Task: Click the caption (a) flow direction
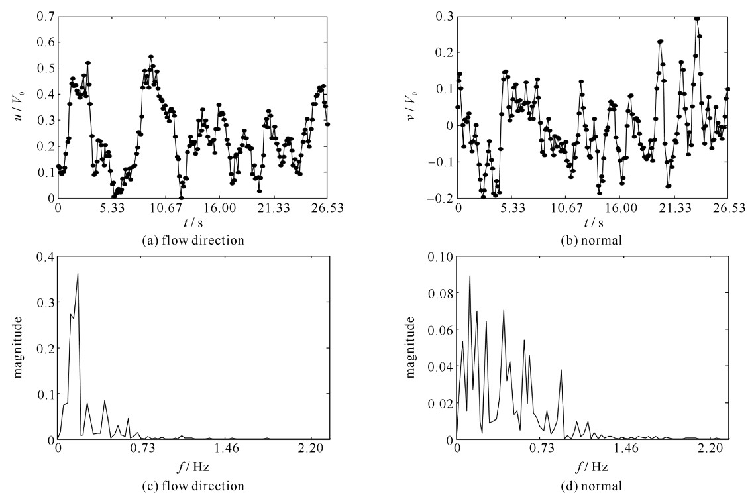(x=193, y=241)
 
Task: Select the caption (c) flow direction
(x=193, y=486)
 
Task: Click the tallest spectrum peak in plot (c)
(x=78, y=274)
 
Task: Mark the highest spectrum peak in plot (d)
(x=470, y=276)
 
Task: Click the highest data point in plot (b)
(x=697, y=19)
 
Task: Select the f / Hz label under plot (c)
(x=193, y=465)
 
